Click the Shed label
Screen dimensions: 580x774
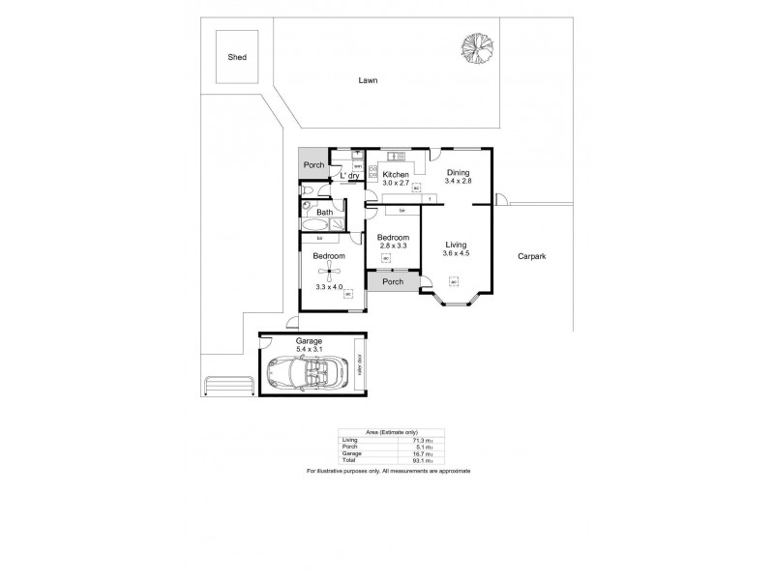[236, 57]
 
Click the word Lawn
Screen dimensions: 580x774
[367, 81]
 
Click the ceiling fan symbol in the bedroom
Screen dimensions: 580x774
[330, 272]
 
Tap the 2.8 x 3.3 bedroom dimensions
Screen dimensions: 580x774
[393, 247]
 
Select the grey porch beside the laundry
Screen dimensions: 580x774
[313, 165]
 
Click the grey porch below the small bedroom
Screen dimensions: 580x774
[393, 282]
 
